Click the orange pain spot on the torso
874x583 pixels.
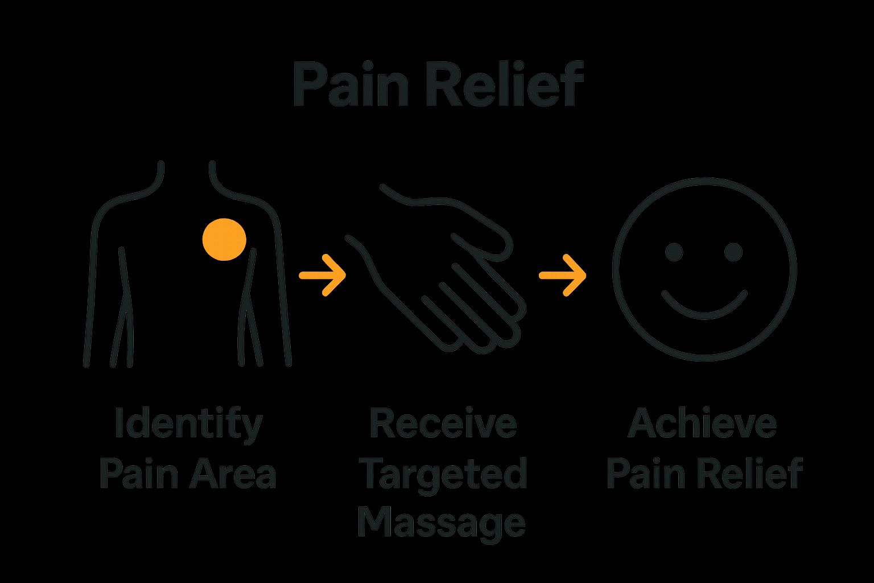pos(224,240)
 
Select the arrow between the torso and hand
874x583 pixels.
pos(323,275)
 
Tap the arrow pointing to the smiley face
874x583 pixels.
pos(563,275)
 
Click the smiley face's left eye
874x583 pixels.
pos(674,251)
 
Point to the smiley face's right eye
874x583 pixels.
pos(733,251)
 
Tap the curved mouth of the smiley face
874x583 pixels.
pos(704,307)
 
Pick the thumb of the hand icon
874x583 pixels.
pos(484,228)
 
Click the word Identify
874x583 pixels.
pos(188,424)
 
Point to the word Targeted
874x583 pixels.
pos(443,474)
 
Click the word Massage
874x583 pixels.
pos(442,522)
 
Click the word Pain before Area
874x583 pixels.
pos(137,474)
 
